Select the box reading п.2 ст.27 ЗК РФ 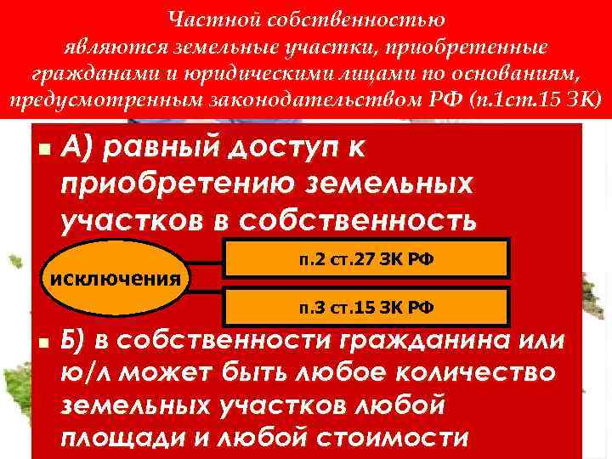coord(365,259)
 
